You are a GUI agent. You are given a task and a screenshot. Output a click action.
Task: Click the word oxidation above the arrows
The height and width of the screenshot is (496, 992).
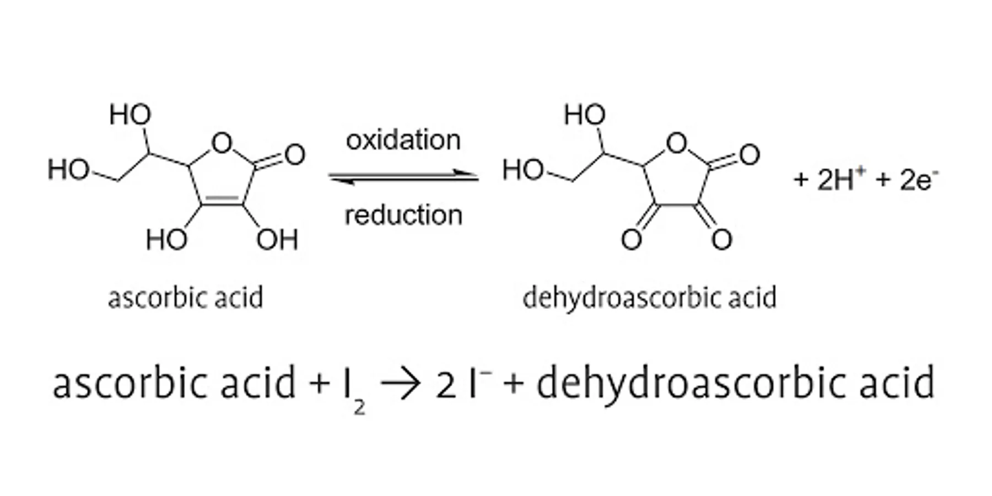403,141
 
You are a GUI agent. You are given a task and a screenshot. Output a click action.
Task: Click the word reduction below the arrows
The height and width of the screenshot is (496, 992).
403,215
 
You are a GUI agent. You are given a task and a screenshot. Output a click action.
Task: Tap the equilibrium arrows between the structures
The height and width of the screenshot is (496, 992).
403,177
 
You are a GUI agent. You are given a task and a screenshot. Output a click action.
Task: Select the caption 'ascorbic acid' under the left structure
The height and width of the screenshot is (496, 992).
185,298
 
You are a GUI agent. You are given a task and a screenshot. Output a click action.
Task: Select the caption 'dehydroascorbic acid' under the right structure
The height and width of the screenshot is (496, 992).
649,298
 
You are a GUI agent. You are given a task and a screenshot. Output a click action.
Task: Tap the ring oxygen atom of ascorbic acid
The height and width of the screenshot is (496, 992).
222,143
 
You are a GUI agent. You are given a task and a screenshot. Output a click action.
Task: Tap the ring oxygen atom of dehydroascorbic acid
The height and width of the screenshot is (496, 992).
677,143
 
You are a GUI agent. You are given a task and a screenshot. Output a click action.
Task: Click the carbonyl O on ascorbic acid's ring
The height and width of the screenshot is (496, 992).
295,155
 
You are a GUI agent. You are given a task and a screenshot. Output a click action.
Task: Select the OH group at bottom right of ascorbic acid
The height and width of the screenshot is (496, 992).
277,240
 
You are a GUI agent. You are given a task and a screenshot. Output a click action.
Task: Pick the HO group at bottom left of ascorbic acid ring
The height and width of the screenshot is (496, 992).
166,240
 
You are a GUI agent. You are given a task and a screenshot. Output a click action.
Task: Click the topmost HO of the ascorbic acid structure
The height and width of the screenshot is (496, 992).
130,115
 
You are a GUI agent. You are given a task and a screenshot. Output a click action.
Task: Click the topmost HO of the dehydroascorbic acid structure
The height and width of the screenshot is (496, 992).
585,115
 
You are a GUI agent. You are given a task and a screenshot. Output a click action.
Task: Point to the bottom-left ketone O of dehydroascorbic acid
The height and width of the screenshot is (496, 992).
632,240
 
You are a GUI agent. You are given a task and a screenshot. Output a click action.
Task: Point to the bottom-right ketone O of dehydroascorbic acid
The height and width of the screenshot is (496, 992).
721,240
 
